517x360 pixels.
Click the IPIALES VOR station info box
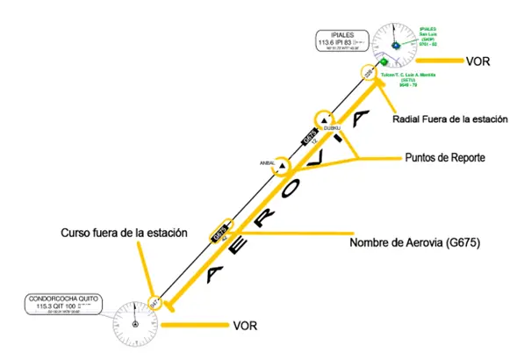(341, 40)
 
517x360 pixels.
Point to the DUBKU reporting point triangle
(325, 121)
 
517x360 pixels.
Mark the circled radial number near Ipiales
(367, 73)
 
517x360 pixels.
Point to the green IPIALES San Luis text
(434, 38)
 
